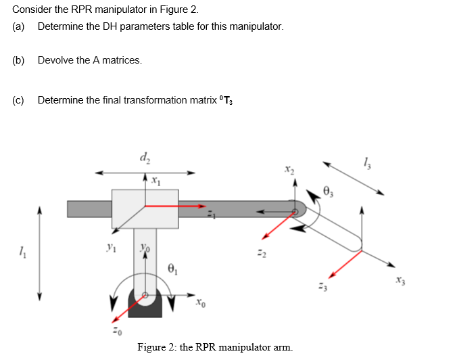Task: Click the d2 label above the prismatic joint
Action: (145, 159)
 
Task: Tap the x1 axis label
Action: (155, 181)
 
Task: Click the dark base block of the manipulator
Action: (144, 309)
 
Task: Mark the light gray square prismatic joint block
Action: (145, 208)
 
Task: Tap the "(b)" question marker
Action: (18, 60)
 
